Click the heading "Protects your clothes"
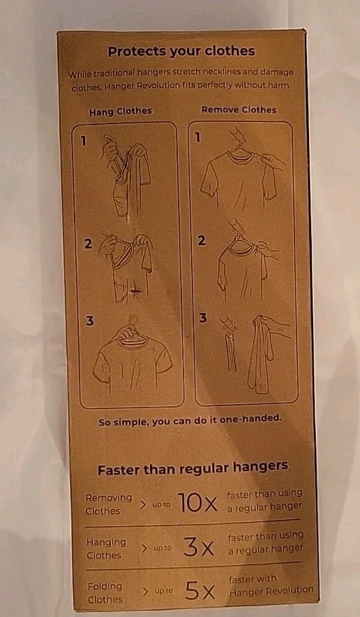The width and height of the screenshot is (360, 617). [181, 51]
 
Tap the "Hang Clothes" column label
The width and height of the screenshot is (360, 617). [120, 111]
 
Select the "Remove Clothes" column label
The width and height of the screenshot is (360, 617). [239, 110]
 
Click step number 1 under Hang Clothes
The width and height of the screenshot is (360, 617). [84, 141]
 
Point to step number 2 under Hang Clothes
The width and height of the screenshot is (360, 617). [87, 244]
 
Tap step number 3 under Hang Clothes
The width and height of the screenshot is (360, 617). [89, 320]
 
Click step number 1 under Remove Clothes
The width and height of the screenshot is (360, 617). [197, 137]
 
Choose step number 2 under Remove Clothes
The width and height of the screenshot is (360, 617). [201, 241]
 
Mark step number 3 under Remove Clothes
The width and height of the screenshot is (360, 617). [202, 318]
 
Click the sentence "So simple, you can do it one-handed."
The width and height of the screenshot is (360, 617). [190, 419]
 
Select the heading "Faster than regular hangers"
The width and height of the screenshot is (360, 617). [193, 469]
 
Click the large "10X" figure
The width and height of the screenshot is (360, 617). [197, 502]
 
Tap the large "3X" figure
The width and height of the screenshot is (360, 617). [197, 547]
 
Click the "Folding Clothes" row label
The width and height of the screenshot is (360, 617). [105, 593]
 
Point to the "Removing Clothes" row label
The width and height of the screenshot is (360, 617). [108, 504]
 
